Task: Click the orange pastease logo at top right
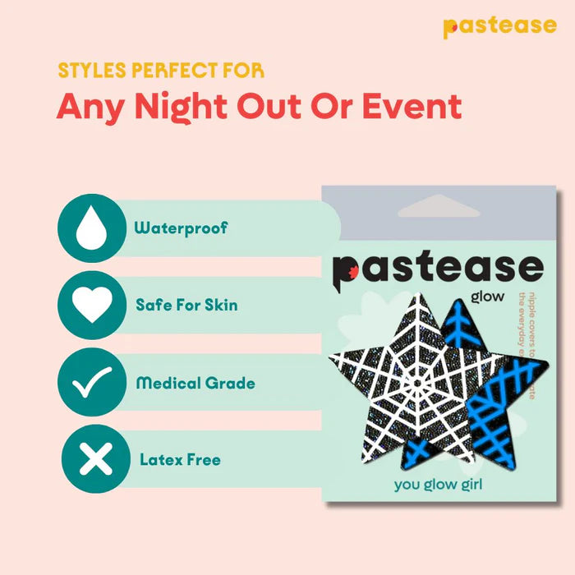(x=499, y=26)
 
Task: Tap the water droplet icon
(x=91, y=228)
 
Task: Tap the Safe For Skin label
(x=186, y=305)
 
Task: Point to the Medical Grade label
(x=195, y=383)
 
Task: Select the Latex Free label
(x=180, y=459)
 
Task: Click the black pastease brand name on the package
(x=437, y=268)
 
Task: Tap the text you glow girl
(x=438, y=484)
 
